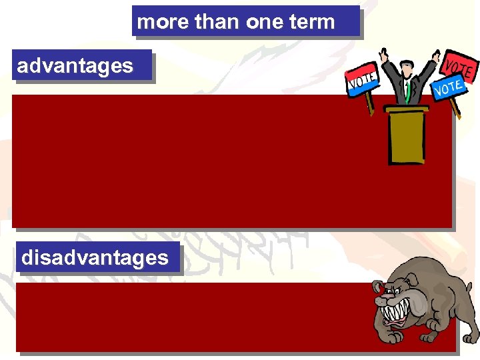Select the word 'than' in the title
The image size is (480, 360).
(x=217, y=22)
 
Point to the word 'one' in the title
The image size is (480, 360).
(x=265, y=22)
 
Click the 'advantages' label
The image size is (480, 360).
(x=75, y=65)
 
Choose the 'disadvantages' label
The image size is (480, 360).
(x=95, y=257)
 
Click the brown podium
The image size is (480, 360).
(x=407, y=137)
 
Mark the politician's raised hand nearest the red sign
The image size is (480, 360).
(x=436, y=57)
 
